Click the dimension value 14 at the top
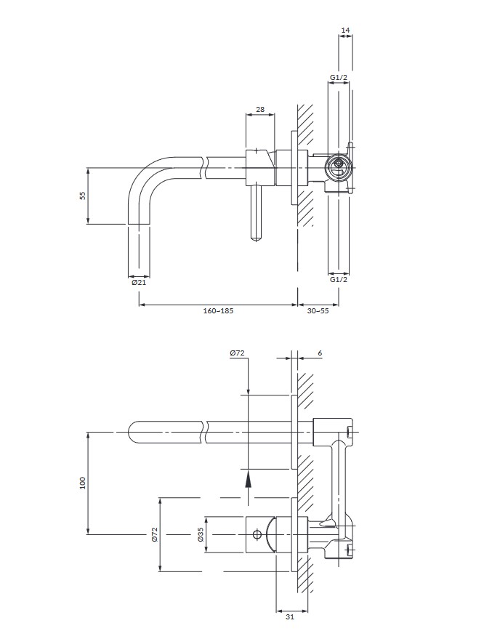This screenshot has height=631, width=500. (x=345, y=30)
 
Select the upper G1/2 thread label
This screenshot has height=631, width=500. (x=338, y=77)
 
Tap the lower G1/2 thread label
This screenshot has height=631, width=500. (x=338, y=279)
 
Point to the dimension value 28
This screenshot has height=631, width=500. (x=260, y=109)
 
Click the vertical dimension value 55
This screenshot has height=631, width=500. (x=82, y=196)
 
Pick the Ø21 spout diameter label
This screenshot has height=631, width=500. (x=139, y=283)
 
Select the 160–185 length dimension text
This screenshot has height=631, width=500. (x=218, y=310)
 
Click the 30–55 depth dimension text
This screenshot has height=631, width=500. (x=318, y=310)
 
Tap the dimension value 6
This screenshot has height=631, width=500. (x=320, y=353)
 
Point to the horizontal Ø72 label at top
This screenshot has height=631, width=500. (x=238, y=353)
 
